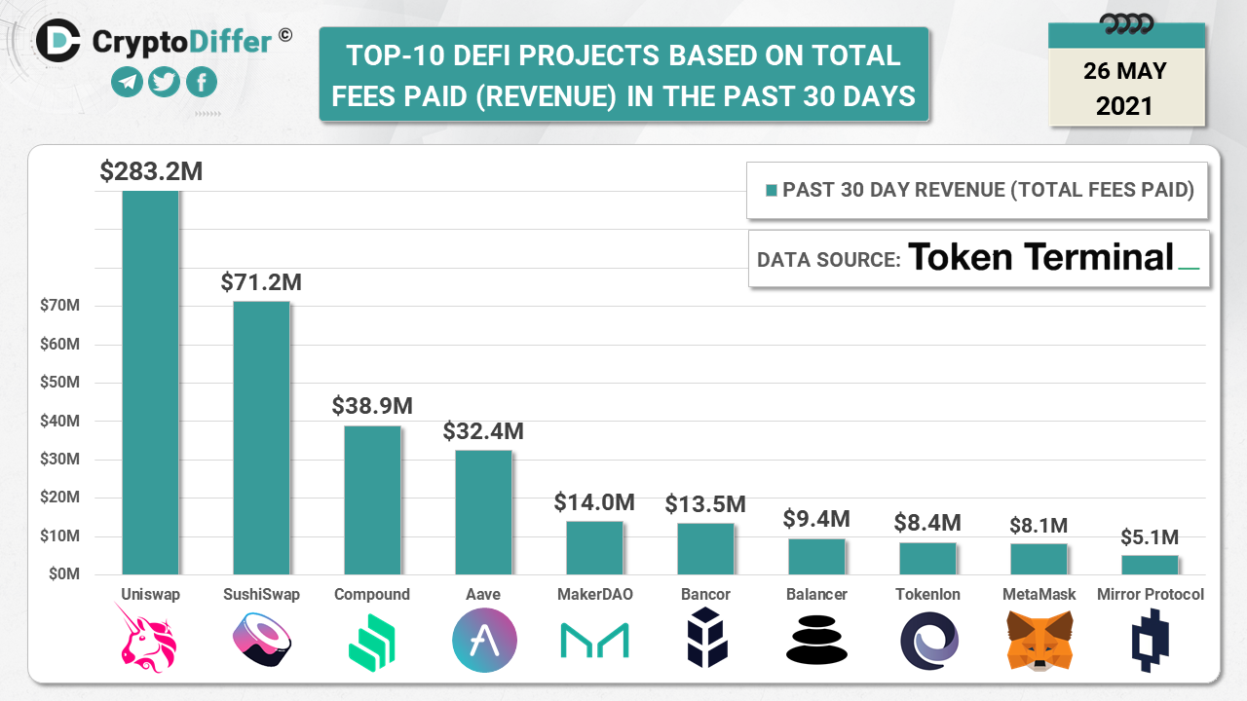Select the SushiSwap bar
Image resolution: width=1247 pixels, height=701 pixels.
click(x=261, y=437)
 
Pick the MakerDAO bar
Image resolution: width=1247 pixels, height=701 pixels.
click(x=594, y=547)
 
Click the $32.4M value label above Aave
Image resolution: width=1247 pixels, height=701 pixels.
click(x=483, y=430)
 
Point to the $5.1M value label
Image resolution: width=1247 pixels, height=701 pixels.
click(x=1150, y=536)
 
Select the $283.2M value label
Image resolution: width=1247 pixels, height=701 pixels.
click(x=151, y=171)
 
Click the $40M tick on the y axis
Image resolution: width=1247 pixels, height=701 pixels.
click(x=59, y=421)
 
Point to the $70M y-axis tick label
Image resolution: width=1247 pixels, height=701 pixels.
click(x=59, y=306)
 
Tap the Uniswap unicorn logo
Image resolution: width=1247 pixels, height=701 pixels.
click(x=150, y=638)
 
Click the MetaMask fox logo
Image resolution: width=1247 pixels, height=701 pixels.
click(x=1039, y=640)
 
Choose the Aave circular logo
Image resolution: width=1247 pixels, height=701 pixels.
click(x=484, y=640)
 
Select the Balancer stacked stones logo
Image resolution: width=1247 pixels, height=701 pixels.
click(x=816, y=640)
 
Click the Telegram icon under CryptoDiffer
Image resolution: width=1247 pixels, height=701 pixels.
click(x=127, y=82)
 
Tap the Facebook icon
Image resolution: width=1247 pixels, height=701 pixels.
click(x=201, y=82)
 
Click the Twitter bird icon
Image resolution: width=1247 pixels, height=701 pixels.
click(x=164, y=82)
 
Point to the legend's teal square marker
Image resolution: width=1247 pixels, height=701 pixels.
click(x=772, y=190)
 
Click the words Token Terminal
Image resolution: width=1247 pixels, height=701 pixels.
click(x=1040, y=257)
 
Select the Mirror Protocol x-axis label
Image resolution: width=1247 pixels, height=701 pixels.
click(x=1150, y=594)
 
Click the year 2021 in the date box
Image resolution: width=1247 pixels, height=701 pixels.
click(x=1124, y=105)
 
